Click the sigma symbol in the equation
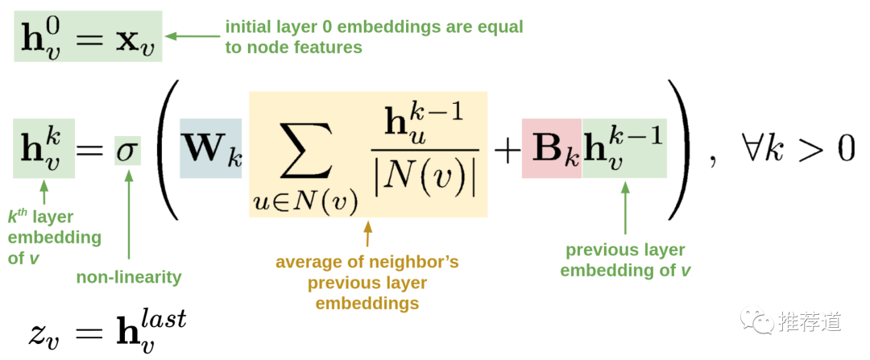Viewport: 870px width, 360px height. (127, 151)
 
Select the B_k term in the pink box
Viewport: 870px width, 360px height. (552, 148)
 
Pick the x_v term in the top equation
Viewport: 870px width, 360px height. (135, 38)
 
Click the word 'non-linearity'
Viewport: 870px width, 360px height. (129, 278)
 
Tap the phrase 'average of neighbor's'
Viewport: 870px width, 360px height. (367, 263)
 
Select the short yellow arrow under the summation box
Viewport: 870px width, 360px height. (368, 234)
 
